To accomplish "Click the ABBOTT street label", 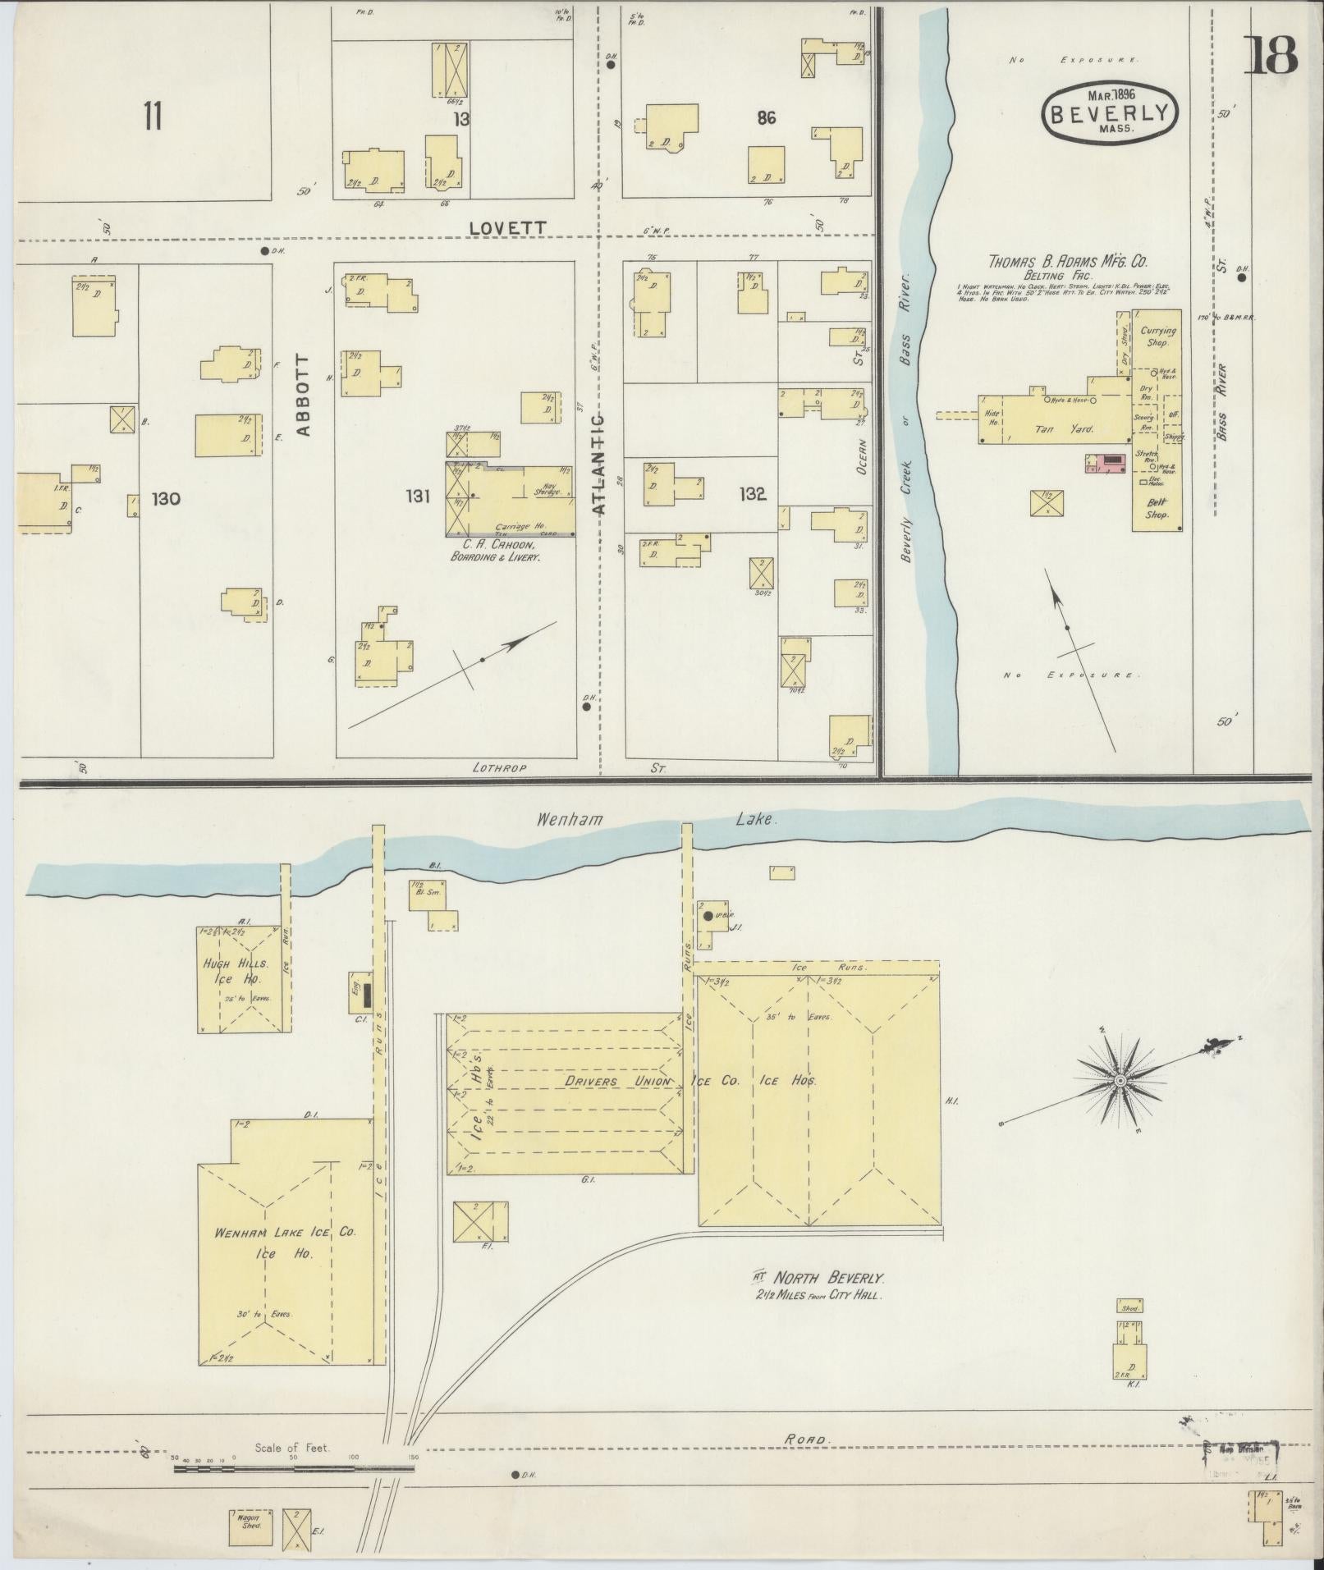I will (303, 395).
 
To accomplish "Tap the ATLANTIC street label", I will (598, 465).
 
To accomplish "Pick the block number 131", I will (418, 495).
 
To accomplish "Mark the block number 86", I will (766, 117).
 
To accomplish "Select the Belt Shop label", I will (1157, 509).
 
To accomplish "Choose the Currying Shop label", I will (1157, 336).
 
